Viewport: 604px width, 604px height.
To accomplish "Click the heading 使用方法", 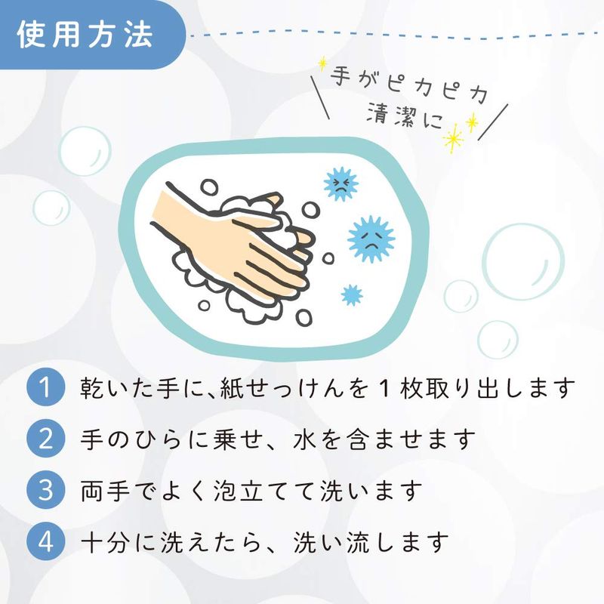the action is (x=85, y=35).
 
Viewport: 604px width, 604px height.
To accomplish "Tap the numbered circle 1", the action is (x=45, y=387).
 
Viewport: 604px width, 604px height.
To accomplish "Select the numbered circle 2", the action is (x=45, y=439).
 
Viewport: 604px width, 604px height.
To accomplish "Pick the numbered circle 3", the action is (x=45, y=490).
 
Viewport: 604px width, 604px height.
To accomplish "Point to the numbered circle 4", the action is (x=45, y=541).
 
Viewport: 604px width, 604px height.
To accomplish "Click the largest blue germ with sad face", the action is (x=371, y=239).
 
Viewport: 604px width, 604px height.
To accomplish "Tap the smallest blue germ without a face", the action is (x=352, y=294).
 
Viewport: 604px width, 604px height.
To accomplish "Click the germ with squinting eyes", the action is (x=341, y=184).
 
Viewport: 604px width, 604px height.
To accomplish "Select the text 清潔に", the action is (x=405, y=116).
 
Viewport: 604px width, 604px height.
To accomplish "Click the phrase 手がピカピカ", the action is (x=409, y=84).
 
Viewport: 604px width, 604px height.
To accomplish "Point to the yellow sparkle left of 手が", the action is (x=322, y=63).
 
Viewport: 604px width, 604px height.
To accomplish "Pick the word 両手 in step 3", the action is (x=104, y=491).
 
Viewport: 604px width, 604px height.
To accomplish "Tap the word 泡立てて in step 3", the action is (x=266, y=491).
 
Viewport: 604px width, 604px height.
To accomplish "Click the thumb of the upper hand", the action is (x=266, y=200).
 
